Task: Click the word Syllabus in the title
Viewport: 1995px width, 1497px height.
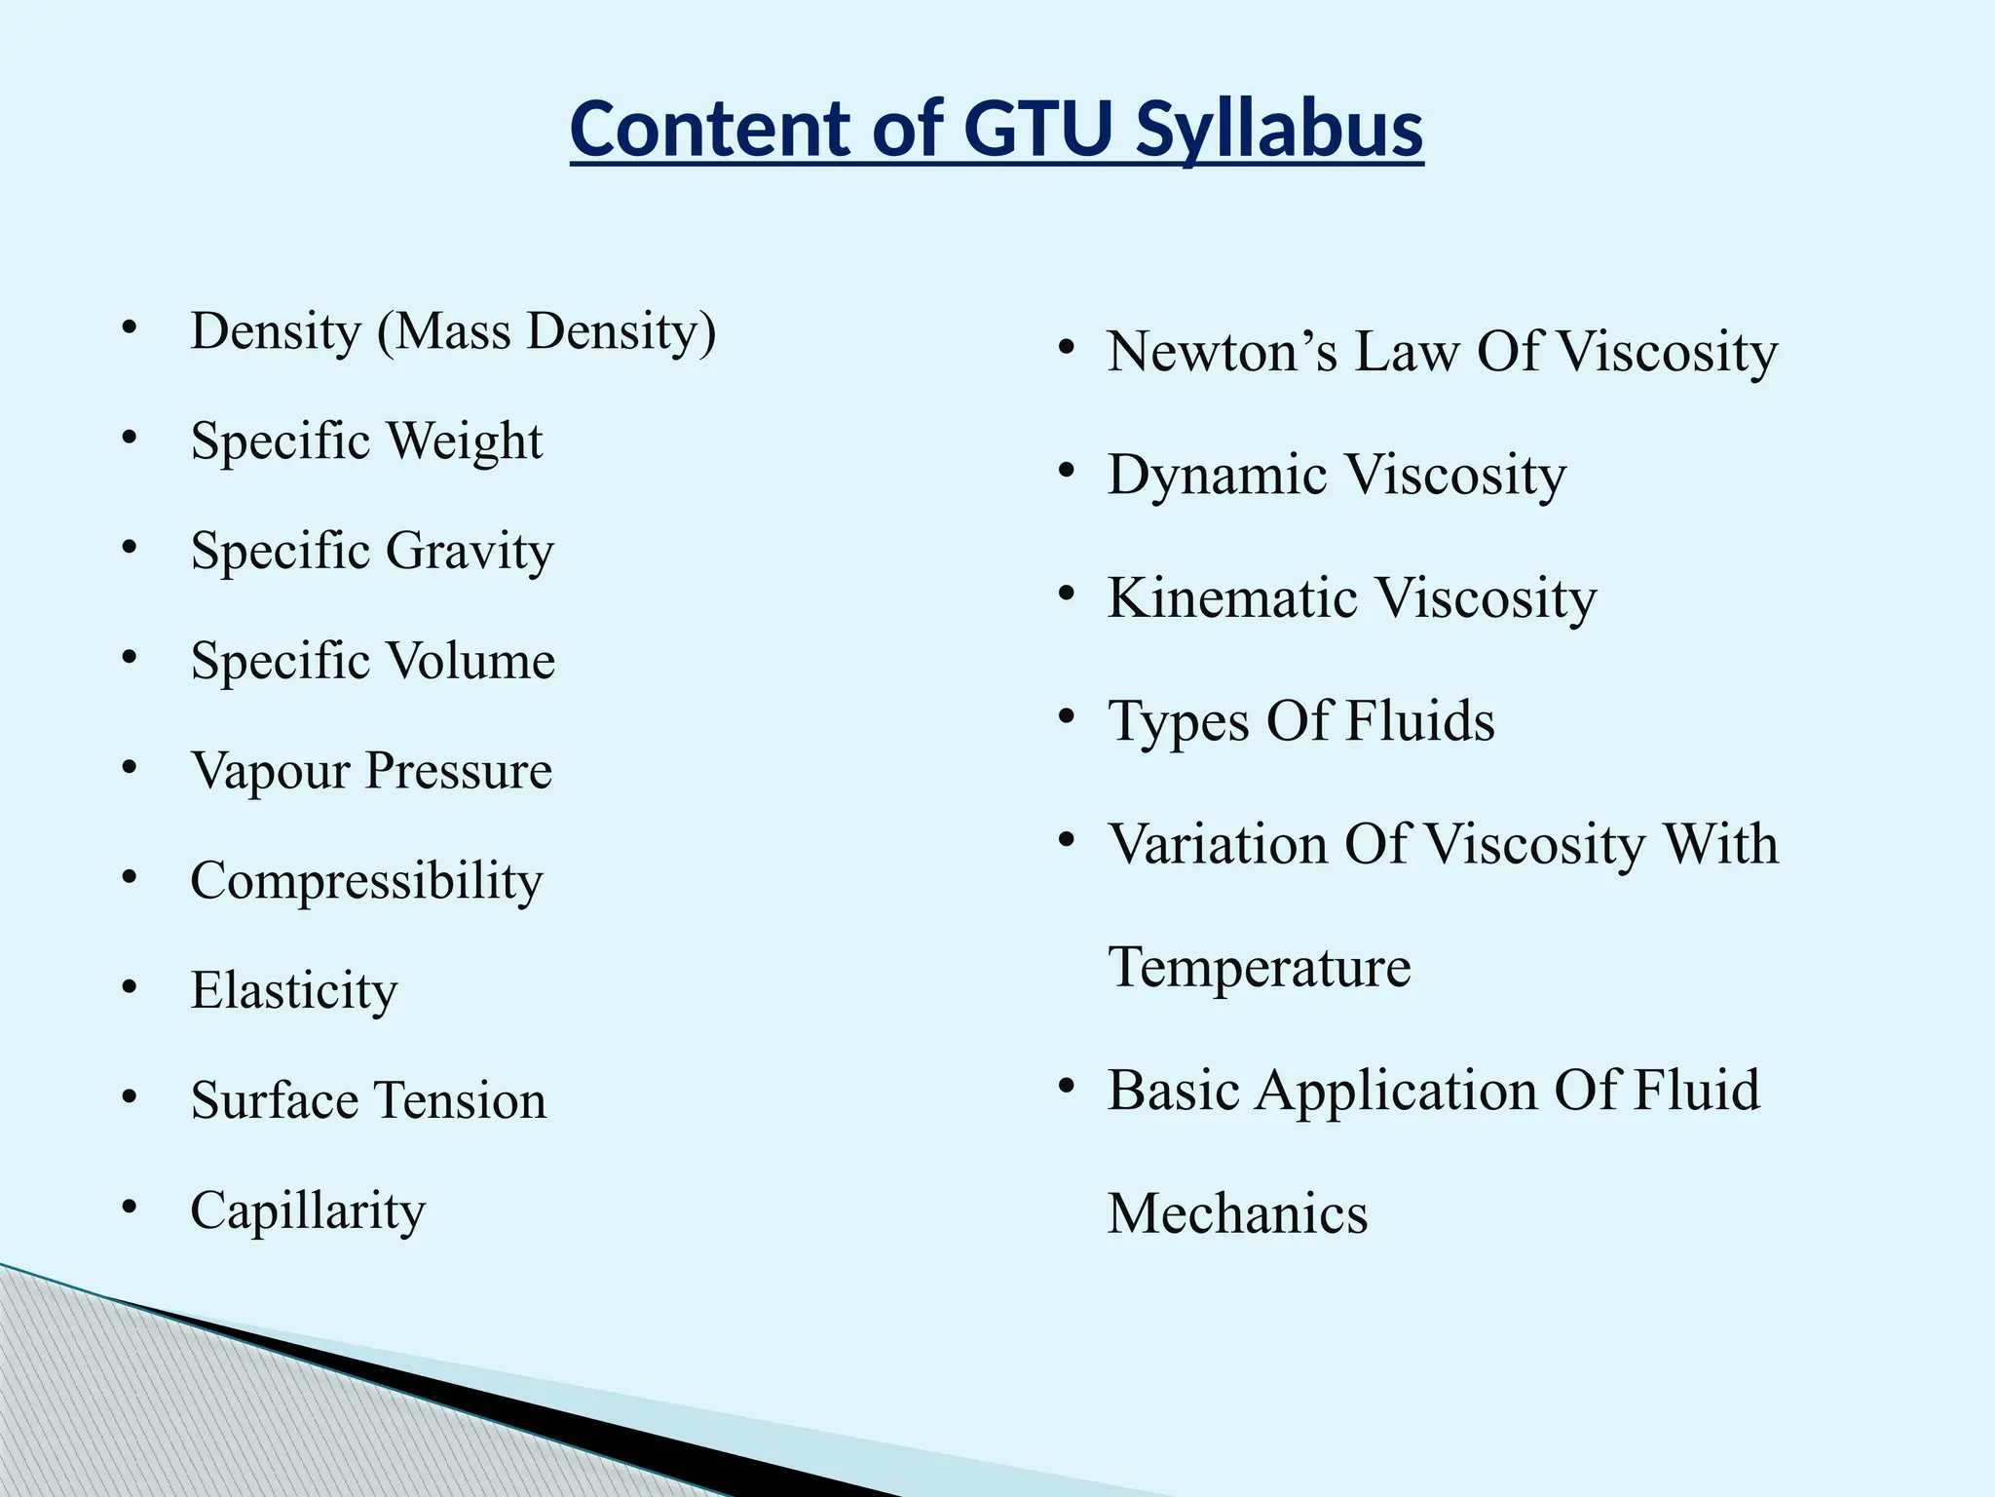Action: pyautogui.click(x=1278, y=130)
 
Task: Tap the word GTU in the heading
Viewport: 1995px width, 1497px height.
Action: pyautogui.click(x=1037, y=130)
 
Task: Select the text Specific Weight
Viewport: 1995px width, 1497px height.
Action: pyautogui.click(x=366, y=441)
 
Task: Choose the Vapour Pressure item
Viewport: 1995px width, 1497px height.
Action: pyautogui.click(x=371, y=771)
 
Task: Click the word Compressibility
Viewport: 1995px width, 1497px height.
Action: pyautogui.click(x=366, y=881)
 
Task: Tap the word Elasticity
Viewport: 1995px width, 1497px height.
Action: pyautogui.click(x=294, y=991)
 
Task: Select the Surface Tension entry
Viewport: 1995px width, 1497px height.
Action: pyautogui.click(x=368, y=1100)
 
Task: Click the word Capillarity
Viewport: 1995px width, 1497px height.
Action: pyautogui.click(x=308, y=1211)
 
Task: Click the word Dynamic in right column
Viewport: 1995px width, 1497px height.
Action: pyautogui.click(x=1218, y=476)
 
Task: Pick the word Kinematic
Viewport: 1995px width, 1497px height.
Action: pyautogui.click(x=1232, y=597)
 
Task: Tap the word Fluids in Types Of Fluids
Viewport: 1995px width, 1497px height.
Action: pyautogui.click(x=1419, y=721)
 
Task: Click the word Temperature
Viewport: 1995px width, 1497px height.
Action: pyautogui.click(x=1260, y=968)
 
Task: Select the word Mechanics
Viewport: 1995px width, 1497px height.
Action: pyautogui.click(x=1237, y=1214)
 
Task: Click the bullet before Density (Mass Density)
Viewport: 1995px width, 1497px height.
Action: pyautogui.click(x=130, y=329)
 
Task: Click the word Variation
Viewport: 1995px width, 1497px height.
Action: pyautogui.click(x=1218, y=844)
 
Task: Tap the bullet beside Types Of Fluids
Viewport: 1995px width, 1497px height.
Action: pyautogui.click(x=1067, y=716)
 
